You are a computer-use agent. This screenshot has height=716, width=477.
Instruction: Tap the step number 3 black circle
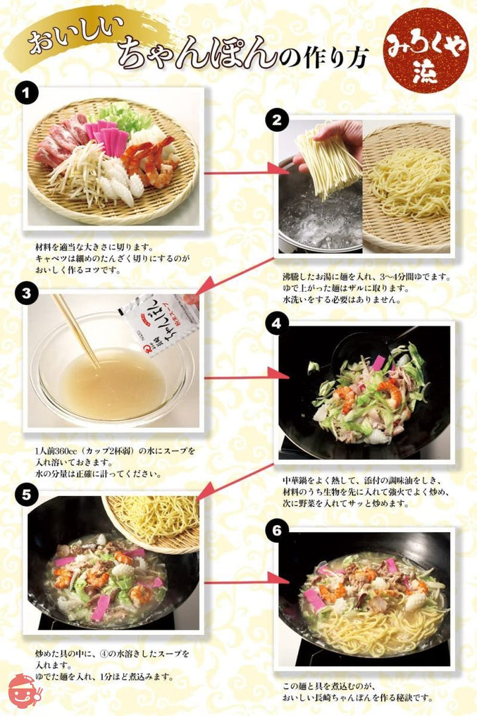click(x=25, y=294)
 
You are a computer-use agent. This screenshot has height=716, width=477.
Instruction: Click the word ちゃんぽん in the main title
click(x=195, y=53)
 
